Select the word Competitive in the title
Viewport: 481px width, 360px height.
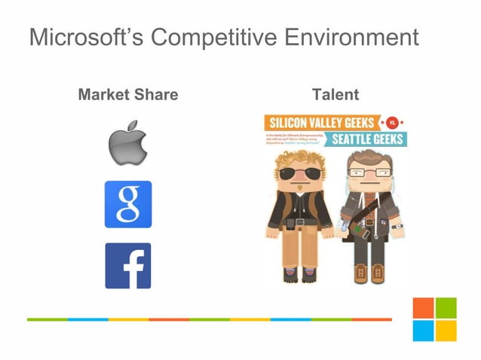pos(214,36)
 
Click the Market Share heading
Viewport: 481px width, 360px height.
pos(128,95)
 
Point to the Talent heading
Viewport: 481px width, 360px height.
pos(335,95)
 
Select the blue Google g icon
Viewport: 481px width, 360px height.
pos(127,204)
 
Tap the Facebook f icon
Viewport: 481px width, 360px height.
pos(127,265)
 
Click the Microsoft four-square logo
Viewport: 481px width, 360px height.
pos(434,319)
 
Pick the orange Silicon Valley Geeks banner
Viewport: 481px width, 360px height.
pos(321,123)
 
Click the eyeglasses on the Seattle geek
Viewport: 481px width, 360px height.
pos(369,174)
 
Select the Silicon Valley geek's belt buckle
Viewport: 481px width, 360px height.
pos(301,222)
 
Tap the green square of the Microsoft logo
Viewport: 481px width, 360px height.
pos(446,308)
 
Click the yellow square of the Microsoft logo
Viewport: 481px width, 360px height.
pos(446,331)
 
